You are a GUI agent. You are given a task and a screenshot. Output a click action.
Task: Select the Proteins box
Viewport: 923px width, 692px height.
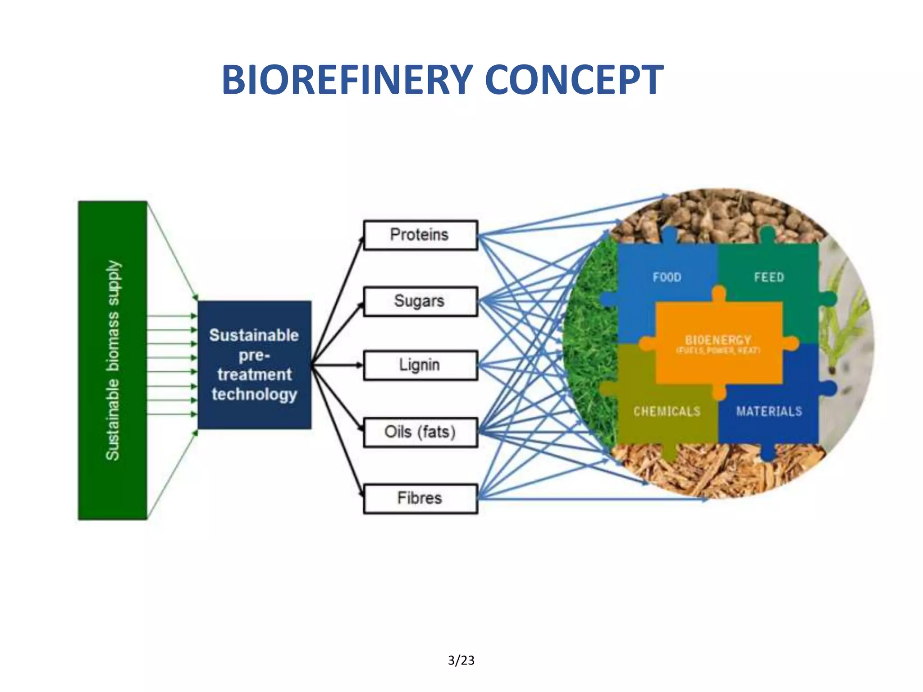[420, 235]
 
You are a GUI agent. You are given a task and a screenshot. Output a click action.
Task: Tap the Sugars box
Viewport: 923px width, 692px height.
[420, 301]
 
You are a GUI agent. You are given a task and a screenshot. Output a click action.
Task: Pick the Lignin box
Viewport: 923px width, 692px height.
[420, 365]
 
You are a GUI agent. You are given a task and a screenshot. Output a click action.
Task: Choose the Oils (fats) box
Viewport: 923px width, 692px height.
[420, 432]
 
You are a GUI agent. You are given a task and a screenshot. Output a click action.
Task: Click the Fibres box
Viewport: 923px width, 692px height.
[420, 498]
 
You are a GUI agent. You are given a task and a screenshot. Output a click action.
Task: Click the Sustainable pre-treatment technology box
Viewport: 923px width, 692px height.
[254, 365]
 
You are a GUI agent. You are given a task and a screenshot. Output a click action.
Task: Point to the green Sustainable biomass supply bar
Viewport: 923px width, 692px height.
[113, 360]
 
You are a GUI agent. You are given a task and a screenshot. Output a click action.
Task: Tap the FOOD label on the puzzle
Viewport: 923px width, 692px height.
[667, 277]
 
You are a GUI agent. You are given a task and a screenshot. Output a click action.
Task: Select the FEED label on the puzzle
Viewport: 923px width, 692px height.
[769, 277]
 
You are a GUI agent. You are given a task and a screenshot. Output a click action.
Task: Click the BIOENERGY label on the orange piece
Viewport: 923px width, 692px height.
[718, 340]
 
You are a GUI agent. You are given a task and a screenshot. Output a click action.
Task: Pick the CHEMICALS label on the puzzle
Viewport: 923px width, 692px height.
[667, 411]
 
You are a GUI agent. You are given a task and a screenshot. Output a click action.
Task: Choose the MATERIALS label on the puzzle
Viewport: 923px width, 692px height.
[769, 411]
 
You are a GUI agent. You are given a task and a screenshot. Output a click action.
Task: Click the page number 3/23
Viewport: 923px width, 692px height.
[461, 660]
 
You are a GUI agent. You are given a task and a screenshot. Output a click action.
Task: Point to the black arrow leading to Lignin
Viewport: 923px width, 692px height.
[338, 365]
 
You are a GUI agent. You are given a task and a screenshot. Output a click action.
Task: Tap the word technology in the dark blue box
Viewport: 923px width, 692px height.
[254, 394]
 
